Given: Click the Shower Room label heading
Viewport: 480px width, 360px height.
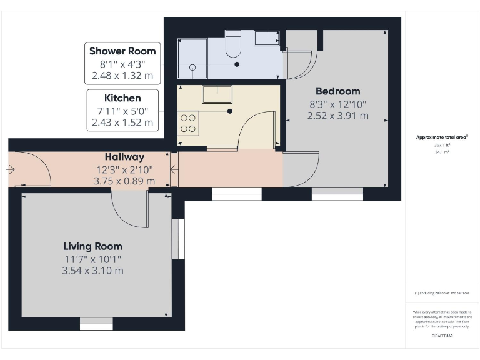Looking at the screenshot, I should click(x=122, y=51).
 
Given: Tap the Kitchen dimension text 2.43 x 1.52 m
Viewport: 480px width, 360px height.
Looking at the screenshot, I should click(x=122, y=122).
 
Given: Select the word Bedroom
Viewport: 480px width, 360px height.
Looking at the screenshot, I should click(x=337, y=91).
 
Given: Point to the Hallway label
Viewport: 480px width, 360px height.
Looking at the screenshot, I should click(x=124, y=157).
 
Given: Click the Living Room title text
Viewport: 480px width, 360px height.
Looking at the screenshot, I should click(x=92, y=246).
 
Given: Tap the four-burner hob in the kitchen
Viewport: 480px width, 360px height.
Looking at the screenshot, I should click(x=188, y=122).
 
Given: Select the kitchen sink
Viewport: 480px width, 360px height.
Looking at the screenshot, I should click(x=217, y=94).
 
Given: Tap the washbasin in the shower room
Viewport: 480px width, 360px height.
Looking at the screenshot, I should click(x=267, y=37).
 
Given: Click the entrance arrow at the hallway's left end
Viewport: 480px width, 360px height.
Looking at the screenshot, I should click(x=11, y=169).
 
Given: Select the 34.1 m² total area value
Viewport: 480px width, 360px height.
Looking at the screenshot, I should click(x=442, y=151).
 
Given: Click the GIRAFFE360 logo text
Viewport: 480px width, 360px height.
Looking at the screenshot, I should click(x=442, y=336).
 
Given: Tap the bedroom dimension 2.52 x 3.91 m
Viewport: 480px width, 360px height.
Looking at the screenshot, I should click(x=337, y=116).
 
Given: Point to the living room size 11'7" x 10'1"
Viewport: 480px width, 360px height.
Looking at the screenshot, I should click(x=92, y=259).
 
